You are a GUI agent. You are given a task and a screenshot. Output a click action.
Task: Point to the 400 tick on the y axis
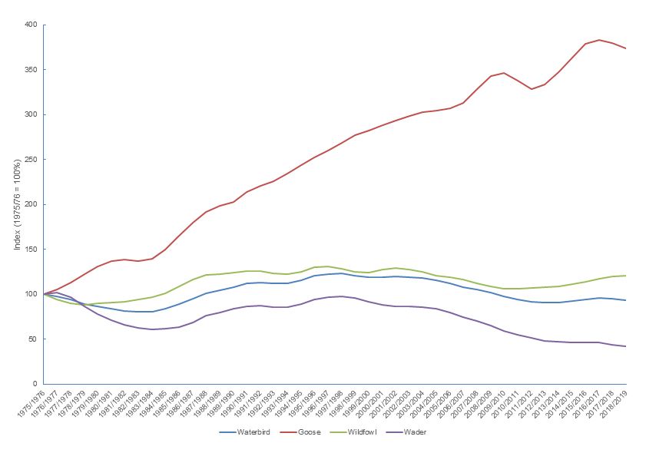tap(30, 25)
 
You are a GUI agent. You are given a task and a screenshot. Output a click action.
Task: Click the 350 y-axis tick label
tap(30, 70)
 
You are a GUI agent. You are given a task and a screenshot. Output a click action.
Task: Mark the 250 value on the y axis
tap(30, 160)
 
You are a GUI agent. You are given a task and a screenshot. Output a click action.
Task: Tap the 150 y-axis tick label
tap(30, 250)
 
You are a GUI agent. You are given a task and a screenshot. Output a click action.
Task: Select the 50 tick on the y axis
tap(32, 339)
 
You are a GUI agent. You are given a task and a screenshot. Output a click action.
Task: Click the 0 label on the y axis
tap(35, 384)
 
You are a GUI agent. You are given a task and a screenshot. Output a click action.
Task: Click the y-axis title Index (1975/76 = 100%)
tap(16, 204)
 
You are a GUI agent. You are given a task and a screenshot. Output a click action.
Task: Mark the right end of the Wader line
tap(626, 346)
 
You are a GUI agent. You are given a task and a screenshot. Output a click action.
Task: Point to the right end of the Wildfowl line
tap(626, 276)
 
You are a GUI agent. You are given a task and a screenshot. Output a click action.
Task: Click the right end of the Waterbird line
tap(626, 300)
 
